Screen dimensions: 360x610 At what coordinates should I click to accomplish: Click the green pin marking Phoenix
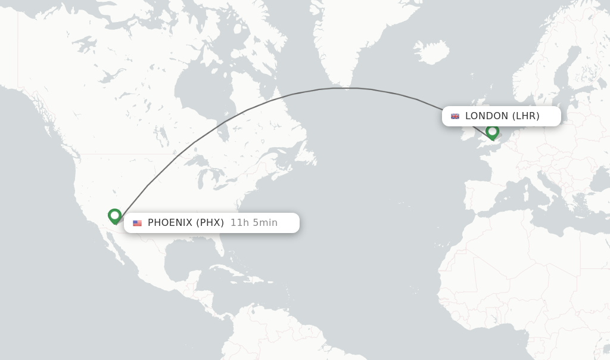[115, 216]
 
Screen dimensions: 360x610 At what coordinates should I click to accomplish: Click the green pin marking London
[492, 132]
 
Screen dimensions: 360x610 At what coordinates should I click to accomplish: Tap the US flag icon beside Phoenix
[138, 223]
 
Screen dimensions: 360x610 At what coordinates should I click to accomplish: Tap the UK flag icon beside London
[455, 116]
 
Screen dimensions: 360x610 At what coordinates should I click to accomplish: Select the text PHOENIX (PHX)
[186, 223]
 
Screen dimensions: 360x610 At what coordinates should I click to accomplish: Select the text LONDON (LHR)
[502, 116]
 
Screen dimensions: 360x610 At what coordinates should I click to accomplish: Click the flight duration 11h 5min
[254, 223]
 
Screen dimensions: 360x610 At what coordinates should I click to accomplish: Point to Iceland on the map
[431, 52]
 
